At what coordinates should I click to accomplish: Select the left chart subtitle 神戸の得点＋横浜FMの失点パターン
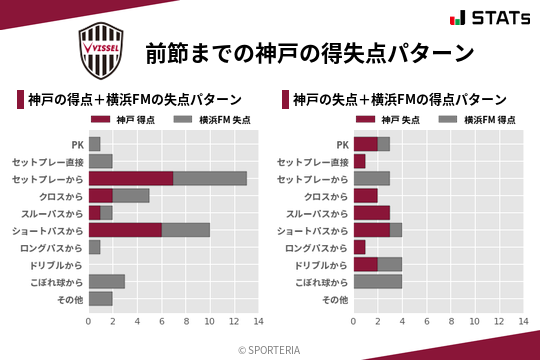pyautogui.click(x=134, y=99)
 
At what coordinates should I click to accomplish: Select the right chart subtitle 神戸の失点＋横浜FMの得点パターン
pyautogui.click(x=400, y=99)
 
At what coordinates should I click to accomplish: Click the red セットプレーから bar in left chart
pyautogui.click(x=131, y=178)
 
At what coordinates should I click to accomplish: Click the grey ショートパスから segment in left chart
pyautogui.click(x=186, y=230)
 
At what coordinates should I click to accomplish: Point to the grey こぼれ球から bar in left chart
pyautogui.click(x=107, y=281)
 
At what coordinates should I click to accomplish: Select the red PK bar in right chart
pyautogui.click(x=365, y=144)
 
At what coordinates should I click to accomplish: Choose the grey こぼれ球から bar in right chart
pyautogui.click(x=378, y=281)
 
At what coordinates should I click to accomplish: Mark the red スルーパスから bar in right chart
pyautogui.click(x=371, y=213)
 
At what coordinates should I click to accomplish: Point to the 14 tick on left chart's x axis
pyautogui.click(x=258, y=321)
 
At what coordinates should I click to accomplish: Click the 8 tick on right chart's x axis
pyautogui.click(x=450, y=321)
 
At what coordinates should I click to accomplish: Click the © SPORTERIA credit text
pyautogui.click(x=270, y=349)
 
